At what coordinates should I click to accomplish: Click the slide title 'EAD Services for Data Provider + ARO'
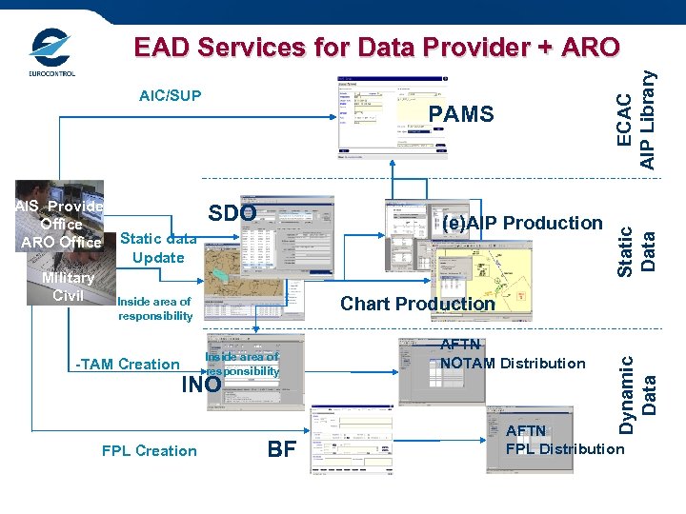coord(376,47)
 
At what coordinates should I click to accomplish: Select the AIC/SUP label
coord(170,96)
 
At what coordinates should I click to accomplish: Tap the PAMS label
coord(461,115)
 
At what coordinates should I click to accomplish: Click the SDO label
coord(232,213)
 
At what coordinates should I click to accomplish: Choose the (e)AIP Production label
coord(521,223)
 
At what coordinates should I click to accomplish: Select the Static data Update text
coord(158,248)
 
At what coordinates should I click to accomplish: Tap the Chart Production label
coord(417,304)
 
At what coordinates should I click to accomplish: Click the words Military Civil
coord(68,287)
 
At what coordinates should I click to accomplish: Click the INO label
coord(201,385)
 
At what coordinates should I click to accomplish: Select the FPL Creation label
coord(149,450)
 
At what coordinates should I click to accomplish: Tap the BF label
coord(281,449)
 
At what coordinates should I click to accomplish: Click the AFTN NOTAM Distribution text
coord(513,355)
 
